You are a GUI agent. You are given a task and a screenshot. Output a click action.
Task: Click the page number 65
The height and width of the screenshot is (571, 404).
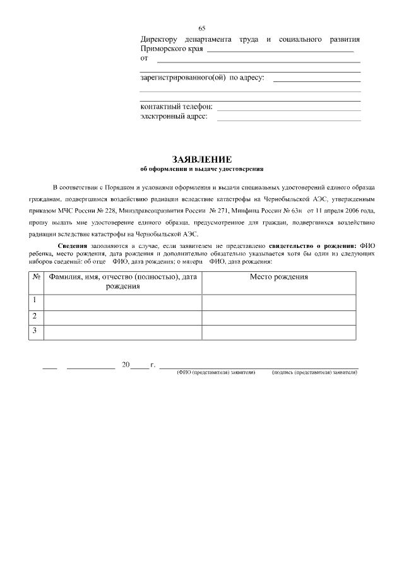202,28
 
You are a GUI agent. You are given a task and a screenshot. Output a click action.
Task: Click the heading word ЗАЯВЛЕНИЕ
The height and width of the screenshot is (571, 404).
202,160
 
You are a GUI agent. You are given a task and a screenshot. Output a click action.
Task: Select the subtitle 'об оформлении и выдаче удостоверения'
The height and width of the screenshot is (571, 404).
202,169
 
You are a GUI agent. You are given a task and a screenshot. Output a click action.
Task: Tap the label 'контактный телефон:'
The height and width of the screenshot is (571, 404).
176,107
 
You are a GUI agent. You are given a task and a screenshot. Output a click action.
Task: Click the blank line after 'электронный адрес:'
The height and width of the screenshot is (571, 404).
288,117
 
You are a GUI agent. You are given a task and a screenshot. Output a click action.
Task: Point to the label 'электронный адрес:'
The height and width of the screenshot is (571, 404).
174,116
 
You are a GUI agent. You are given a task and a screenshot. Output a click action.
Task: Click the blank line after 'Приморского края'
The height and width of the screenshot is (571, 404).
280,49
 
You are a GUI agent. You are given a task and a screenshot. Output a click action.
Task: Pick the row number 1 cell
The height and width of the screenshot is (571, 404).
35,300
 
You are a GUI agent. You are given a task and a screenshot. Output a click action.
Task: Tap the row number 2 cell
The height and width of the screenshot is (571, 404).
35,315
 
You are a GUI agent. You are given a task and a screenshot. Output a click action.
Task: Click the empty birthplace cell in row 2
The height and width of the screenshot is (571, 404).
278,317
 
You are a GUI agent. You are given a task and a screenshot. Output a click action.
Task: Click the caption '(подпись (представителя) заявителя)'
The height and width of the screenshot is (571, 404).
314,373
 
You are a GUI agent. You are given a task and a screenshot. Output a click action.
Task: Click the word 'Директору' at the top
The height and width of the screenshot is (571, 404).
159,39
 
